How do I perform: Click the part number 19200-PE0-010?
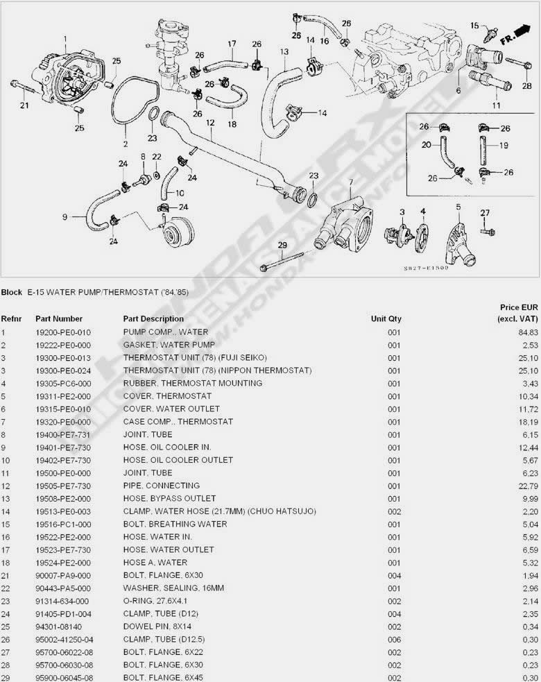(63, 332)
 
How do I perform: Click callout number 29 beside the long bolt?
(282, 245)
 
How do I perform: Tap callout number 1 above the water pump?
(65, 39)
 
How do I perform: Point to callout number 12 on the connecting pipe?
(209, 123)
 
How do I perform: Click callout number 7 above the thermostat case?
(350, 182)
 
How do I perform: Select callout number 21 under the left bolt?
(24, 105)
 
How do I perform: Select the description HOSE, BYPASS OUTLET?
(169, 498)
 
